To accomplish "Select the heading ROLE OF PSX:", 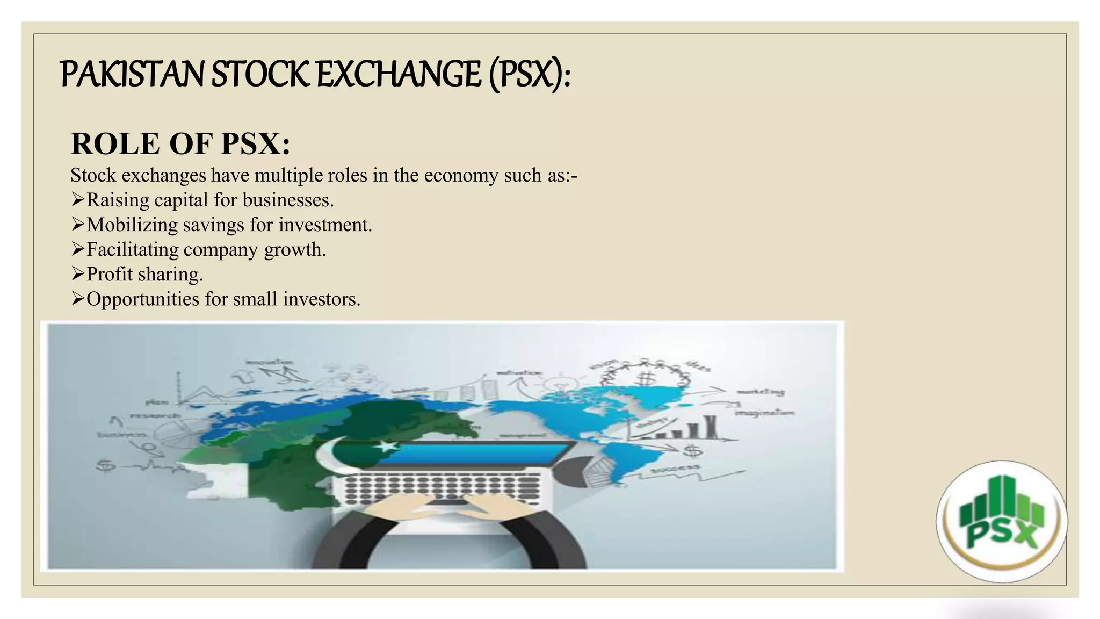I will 180,144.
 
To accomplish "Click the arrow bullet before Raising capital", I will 78,200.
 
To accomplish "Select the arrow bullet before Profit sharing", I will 78,274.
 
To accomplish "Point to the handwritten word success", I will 676,469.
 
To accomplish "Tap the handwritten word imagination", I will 765,413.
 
